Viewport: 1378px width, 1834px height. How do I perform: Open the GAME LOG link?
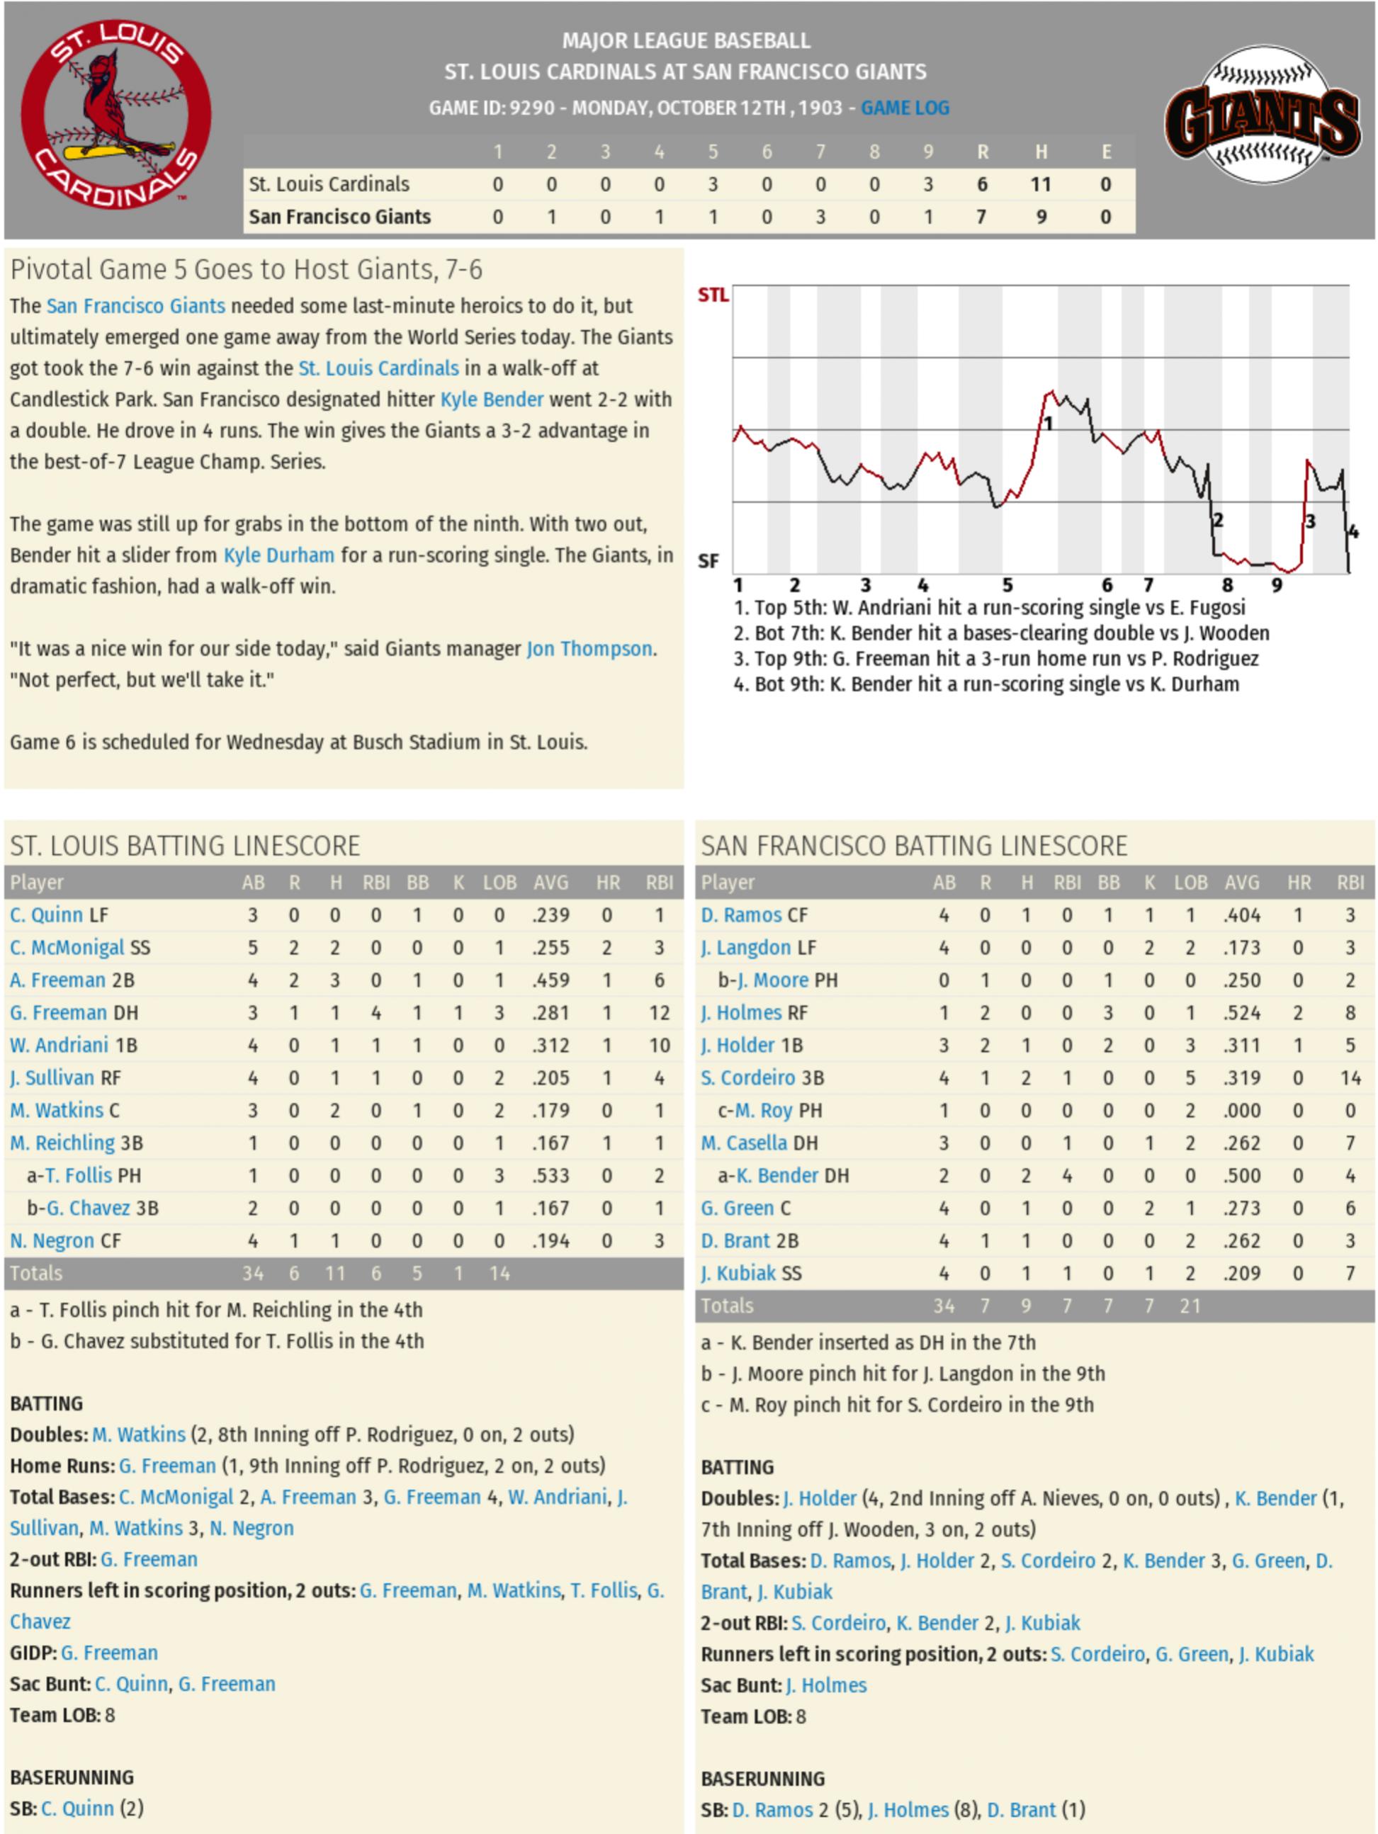pyautogui.click(x=905, y=108)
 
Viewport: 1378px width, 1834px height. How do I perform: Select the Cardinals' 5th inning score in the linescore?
pyautogui.click(x=712, y=184)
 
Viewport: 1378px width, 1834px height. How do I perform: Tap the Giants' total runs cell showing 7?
pyautogui.click(x=982, y=217)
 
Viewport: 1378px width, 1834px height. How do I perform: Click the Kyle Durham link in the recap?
pyautogui.click(x=278, y=555)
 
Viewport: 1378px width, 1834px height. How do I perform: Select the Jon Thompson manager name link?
pyautogui.click(x=589, y=648)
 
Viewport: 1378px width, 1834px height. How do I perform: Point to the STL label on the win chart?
pyautogui.click(x=713, y=295)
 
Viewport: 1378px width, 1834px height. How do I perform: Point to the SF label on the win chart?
pyautogui.click(x=708, y=561)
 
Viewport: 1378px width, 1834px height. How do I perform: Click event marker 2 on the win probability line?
pyautogui.click(x=1217, y=521)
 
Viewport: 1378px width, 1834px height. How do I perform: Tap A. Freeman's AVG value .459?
pyautogui.click(x=550, y=980)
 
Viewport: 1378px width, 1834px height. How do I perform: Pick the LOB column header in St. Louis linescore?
pyautogui.click(x=499, y=883)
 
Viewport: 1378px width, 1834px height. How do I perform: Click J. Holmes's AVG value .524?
pyautogui.click(x=1241, y=1012)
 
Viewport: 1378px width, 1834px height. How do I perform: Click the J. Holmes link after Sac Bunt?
pyautogui.click(x=826, y=1685)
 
